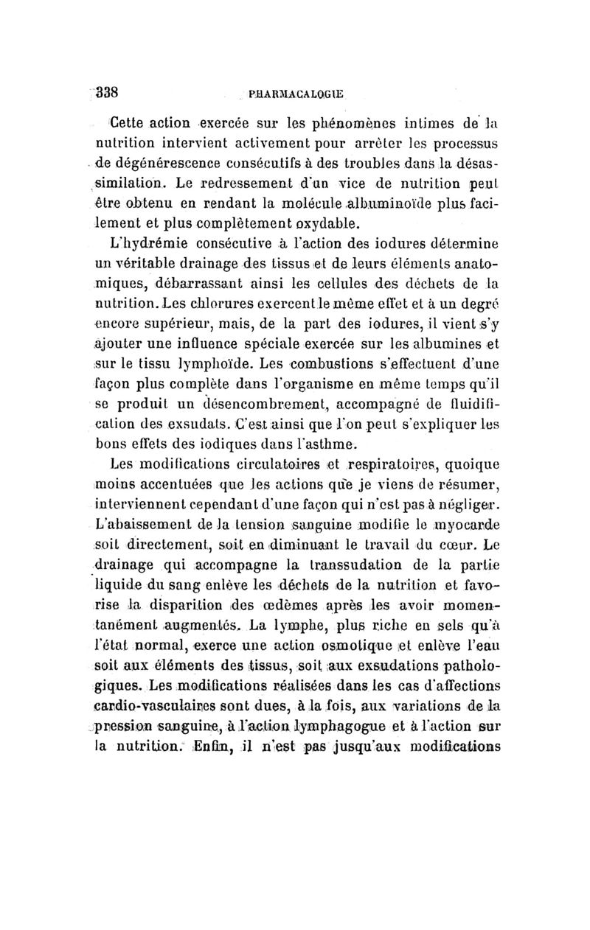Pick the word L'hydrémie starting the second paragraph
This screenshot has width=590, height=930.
pos(141,244)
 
